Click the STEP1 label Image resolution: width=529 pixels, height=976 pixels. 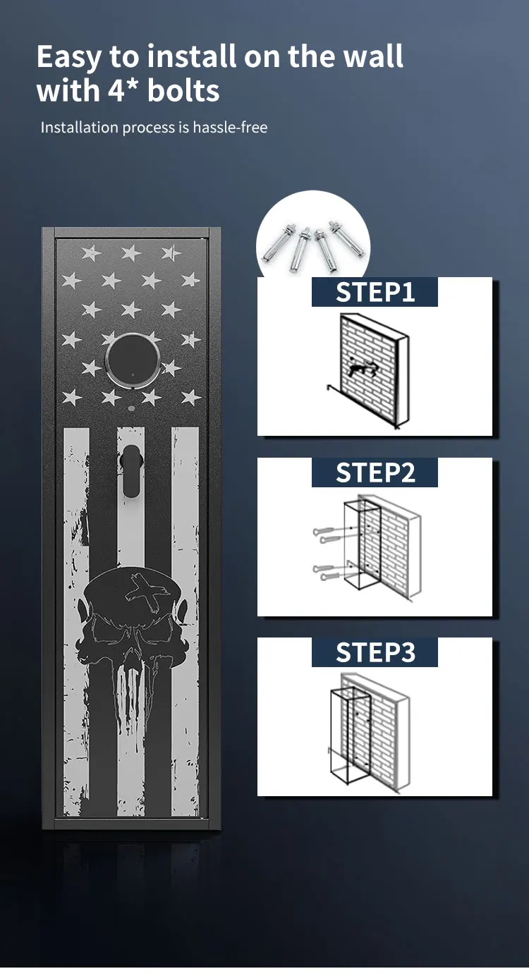[x=375, y=292]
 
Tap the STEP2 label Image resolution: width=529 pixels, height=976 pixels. [x=375, y=472]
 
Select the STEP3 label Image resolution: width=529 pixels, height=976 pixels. [x=375, y=653]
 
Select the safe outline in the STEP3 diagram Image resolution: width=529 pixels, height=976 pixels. [x=351, y=733]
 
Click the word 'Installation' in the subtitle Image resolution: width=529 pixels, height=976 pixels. [x=79, y=128]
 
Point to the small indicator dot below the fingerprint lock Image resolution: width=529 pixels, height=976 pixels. [x=131, y=409]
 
